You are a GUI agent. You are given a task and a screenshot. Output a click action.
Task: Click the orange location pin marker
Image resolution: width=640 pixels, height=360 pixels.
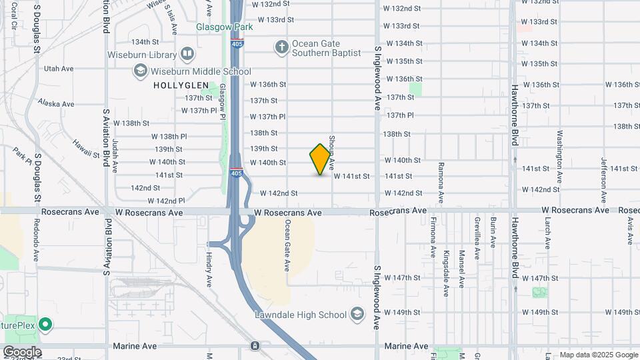coord(321,159)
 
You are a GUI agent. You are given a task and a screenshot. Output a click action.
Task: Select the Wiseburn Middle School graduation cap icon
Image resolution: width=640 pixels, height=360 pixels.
coord(140,71)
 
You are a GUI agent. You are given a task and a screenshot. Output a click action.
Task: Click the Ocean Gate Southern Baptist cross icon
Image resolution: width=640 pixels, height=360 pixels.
coord(282,47)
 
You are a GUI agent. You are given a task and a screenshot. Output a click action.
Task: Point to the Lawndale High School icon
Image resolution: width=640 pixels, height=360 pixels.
coord(357,314)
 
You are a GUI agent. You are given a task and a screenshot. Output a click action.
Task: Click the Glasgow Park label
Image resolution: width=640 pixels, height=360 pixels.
coord(225,27)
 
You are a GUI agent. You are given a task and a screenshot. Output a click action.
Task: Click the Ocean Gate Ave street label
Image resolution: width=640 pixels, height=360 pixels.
coord(288,245)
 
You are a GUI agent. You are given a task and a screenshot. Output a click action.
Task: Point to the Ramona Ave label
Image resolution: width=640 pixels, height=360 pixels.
coord(441,182)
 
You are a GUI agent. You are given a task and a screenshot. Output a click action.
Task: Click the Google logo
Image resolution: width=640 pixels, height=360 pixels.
coord(21,351)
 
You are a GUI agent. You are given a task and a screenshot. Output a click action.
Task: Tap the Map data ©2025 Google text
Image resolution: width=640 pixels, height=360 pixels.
coord(599,355)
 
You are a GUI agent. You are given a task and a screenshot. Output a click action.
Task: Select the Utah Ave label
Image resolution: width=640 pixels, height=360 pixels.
coord(58,68)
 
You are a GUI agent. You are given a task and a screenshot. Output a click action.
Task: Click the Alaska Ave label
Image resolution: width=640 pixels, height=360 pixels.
coord(56,103)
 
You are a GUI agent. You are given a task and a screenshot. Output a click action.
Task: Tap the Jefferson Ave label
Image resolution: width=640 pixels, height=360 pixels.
coord(603,174)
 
